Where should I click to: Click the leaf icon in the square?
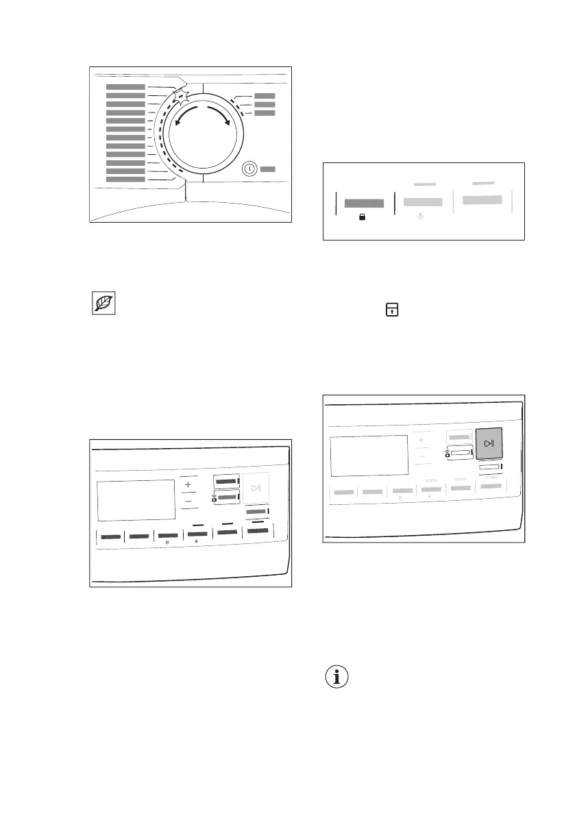103,304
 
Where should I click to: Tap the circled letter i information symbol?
336,677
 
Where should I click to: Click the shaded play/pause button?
489,444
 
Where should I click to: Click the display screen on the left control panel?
136,500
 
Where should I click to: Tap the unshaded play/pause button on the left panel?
256,489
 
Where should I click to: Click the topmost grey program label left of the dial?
125,87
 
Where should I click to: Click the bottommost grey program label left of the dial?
125,180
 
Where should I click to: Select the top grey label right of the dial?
264,97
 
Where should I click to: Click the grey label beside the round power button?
268,169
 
